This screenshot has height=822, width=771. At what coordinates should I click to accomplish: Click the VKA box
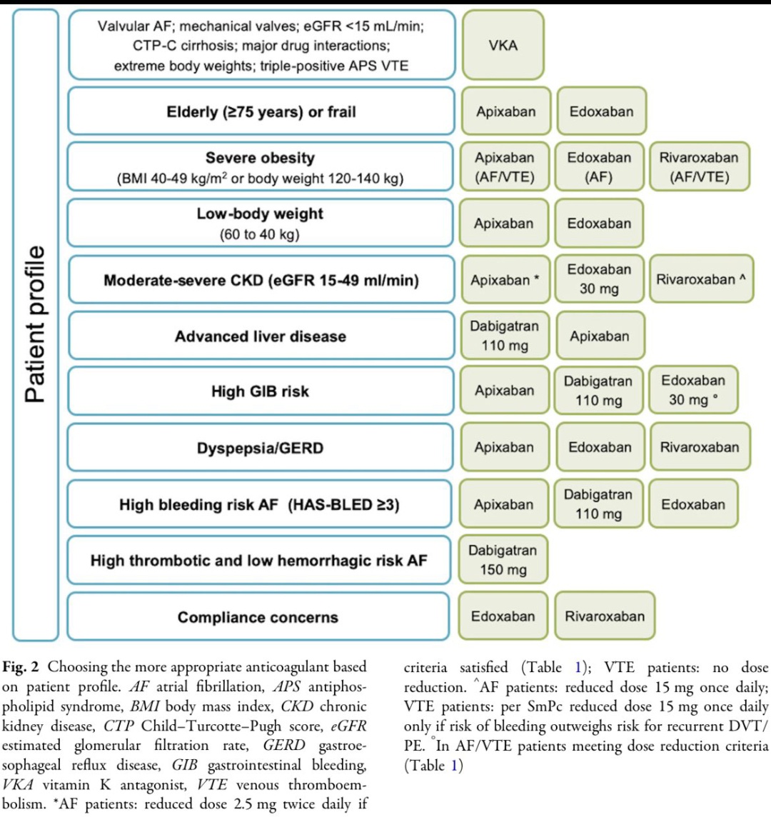[x=503, y=45]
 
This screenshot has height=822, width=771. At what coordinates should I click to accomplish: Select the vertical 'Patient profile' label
[x=36, y=324]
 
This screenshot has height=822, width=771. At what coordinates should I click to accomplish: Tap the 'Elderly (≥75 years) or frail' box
[x=261, y=111]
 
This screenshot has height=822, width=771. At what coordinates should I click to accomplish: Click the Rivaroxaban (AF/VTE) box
[x=699, y=166]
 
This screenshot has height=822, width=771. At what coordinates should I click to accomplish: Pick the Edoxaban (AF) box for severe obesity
[x=599, y=166]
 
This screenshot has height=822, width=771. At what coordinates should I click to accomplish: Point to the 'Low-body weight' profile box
[x=260, y=223]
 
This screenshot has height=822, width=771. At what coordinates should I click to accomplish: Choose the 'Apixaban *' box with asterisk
[x=505, y=279]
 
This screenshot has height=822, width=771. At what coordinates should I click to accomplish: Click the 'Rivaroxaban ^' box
[x=701, y=279]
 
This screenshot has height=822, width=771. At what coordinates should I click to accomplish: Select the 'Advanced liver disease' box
[x=261, y=336]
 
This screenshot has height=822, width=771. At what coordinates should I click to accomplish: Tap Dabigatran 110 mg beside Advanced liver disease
[x=505, y=336]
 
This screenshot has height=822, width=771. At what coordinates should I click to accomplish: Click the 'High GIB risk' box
[x=261, y=391]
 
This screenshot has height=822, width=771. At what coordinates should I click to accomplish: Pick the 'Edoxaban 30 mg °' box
[x=693, y=390]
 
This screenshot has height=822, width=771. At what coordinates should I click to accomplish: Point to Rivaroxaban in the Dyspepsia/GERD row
[x=700, y=446]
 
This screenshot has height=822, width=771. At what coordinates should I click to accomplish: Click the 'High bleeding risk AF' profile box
[x=259, y=503]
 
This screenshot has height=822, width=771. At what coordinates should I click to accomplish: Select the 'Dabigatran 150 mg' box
[x=503, y=559]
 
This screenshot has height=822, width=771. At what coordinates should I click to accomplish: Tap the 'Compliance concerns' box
[x=258, y=616]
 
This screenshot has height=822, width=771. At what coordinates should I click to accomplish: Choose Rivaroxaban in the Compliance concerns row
[x=605, y=616]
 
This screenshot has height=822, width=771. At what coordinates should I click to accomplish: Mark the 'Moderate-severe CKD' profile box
[x=261, y=279]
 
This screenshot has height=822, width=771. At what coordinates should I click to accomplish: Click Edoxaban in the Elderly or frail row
[x=601, y=111]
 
